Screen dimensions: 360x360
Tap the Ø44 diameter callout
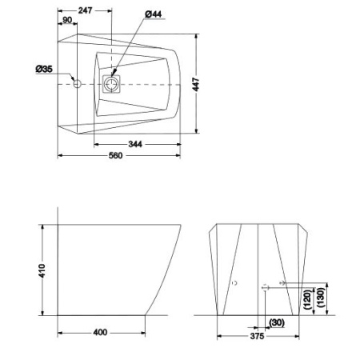(154, 13)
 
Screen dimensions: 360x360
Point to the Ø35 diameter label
(45, 70)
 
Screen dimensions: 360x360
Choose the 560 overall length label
(115, 156)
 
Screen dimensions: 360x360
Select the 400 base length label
(100, 332)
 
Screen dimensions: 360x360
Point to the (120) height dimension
(307, 302)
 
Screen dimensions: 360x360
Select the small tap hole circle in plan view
(78, 83)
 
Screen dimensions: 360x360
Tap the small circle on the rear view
(234, 283)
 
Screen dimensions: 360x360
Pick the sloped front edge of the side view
(168, 272)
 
